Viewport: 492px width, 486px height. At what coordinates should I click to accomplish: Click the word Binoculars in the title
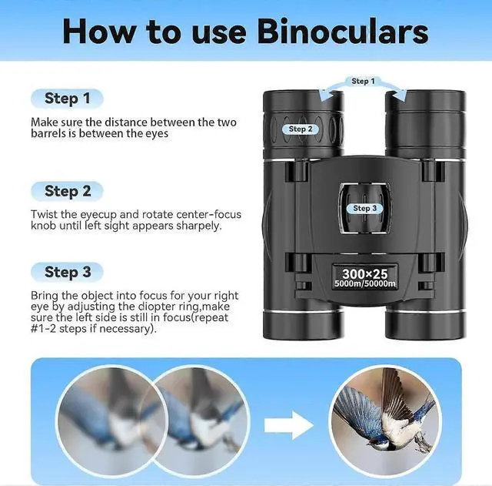coord(343,32)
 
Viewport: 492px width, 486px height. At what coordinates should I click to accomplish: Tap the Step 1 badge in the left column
coord(67,99)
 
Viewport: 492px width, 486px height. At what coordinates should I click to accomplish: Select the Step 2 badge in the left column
coord(67,191)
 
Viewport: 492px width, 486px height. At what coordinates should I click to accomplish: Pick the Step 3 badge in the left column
coord(67,272)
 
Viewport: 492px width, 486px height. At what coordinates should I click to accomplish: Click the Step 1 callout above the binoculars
coord(363,81)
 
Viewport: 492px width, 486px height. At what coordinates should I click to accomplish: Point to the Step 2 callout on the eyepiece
coord(301,129)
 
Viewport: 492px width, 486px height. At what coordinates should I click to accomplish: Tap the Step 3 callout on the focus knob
coord(364,208)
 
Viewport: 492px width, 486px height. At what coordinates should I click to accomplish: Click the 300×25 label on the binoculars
coord(364,273)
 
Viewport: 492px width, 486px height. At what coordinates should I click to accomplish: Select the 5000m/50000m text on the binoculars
coord(365,283)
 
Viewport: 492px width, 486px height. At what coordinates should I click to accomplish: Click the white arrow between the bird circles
coord(289,425)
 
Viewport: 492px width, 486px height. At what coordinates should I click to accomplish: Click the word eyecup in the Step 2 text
coord(98,215)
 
